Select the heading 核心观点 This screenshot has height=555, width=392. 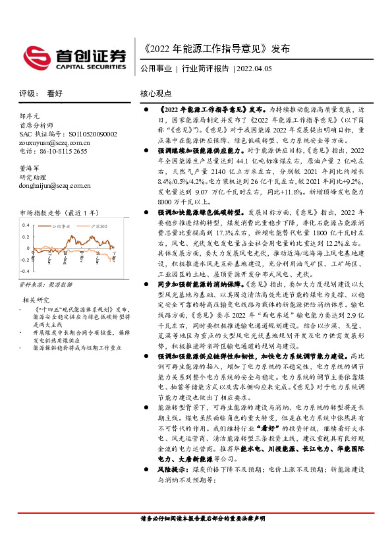[156, 94]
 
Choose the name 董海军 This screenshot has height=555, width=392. [30, 168]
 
